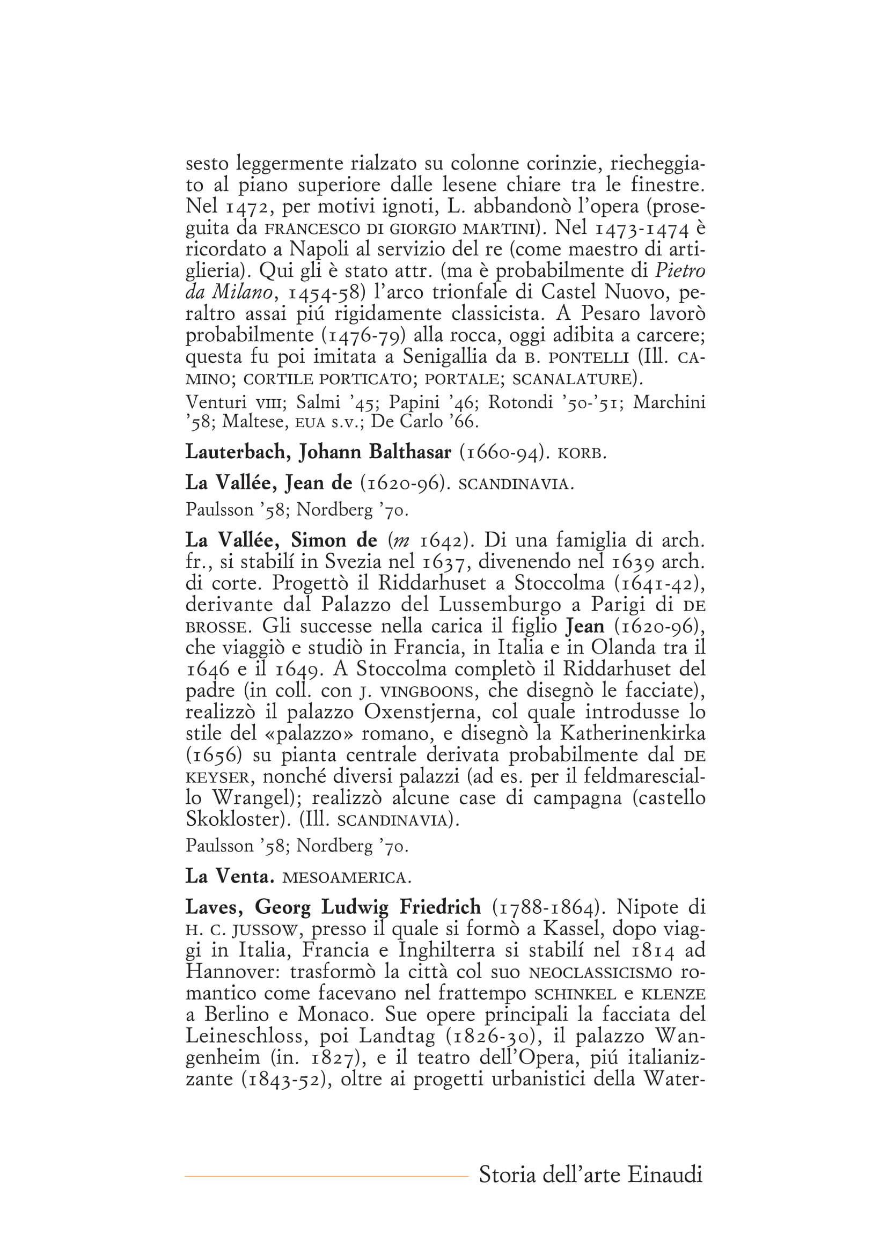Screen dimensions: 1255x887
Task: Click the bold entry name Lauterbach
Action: pyautogui.click(x=235, y=452)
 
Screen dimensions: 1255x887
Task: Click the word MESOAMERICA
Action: pyautogui.click(x=346, y=878)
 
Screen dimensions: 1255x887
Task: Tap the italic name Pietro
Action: pyautogui.click(x=680, y=270)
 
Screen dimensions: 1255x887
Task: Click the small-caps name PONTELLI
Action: pyautogui.click(x=589, y=358)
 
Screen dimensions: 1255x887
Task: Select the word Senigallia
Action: pyautogui.click(x=444, y=356)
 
